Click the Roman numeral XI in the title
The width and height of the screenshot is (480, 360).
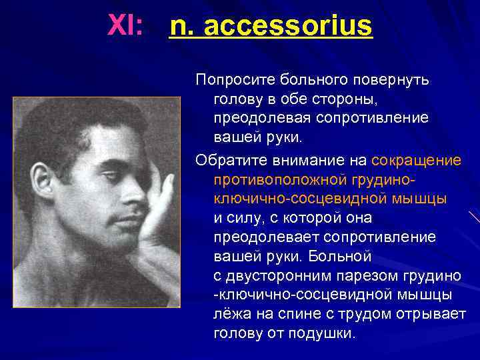click(x=125, y=26)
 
